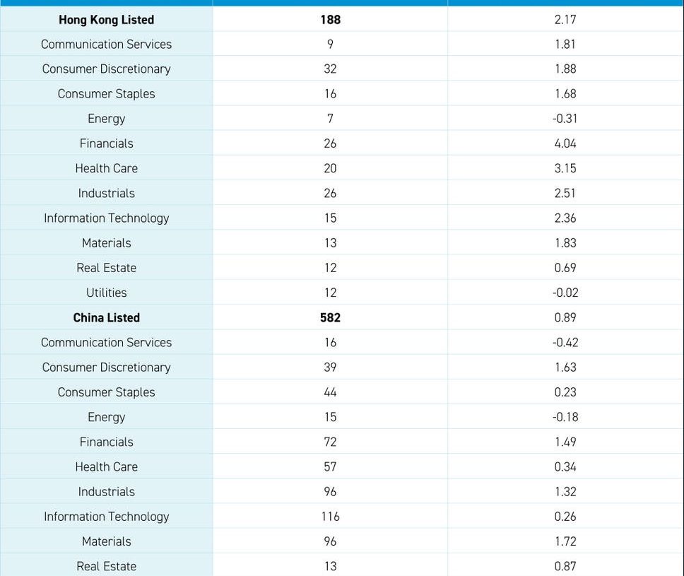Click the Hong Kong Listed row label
(106, 20)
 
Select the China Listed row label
(106, 318)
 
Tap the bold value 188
(330, 20)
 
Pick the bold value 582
(330, 318)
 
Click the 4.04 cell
(565, 143)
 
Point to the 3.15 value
(565, 168)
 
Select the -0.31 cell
(565, 119)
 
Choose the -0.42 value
(565, 343)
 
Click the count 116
(330, 517)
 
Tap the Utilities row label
(106, 293)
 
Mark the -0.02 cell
(565, 293)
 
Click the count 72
(330, 442)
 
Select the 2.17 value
(565, 20)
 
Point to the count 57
(330, 466)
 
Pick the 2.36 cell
(565, 218)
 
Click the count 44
(330, 392)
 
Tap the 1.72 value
(565, 541)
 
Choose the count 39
(330, 368)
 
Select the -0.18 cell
(565, 417)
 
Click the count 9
(330, 44)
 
